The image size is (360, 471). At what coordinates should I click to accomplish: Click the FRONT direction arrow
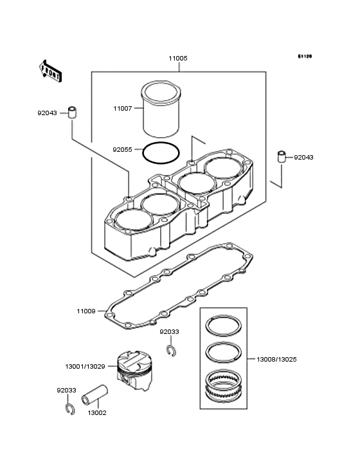tap(50, 71)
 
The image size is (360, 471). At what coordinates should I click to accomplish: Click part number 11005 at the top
tap(178, 59)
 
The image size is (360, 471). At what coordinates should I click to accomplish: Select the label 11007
tap(122, 109)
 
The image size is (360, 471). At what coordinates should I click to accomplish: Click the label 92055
tap(122, 149)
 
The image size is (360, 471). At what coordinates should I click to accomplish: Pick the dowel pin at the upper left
tap(72, 112)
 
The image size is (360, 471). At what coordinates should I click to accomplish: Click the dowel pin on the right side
tap(281, 156)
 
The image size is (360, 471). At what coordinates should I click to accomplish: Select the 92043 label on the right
tap(303, 158)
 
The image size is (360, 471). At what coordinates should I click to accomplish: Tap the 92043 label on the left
tap(47, 113)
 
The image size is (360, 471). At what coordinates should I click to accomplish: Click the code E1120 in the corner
tap(305, 56)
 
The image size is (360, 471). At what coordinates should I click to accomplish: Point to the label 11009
tap(86, 311)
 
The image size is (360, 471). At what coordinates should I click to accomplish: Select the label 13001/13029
tap(85, 367)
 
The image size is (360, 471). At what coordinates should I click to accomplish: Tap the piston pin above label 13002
tap(94, 394)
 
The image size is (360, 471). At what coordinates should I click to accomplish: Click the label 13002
tap(97, 413)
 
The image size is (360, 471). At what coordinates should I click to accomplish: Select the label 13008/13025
tap(276, 360)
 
